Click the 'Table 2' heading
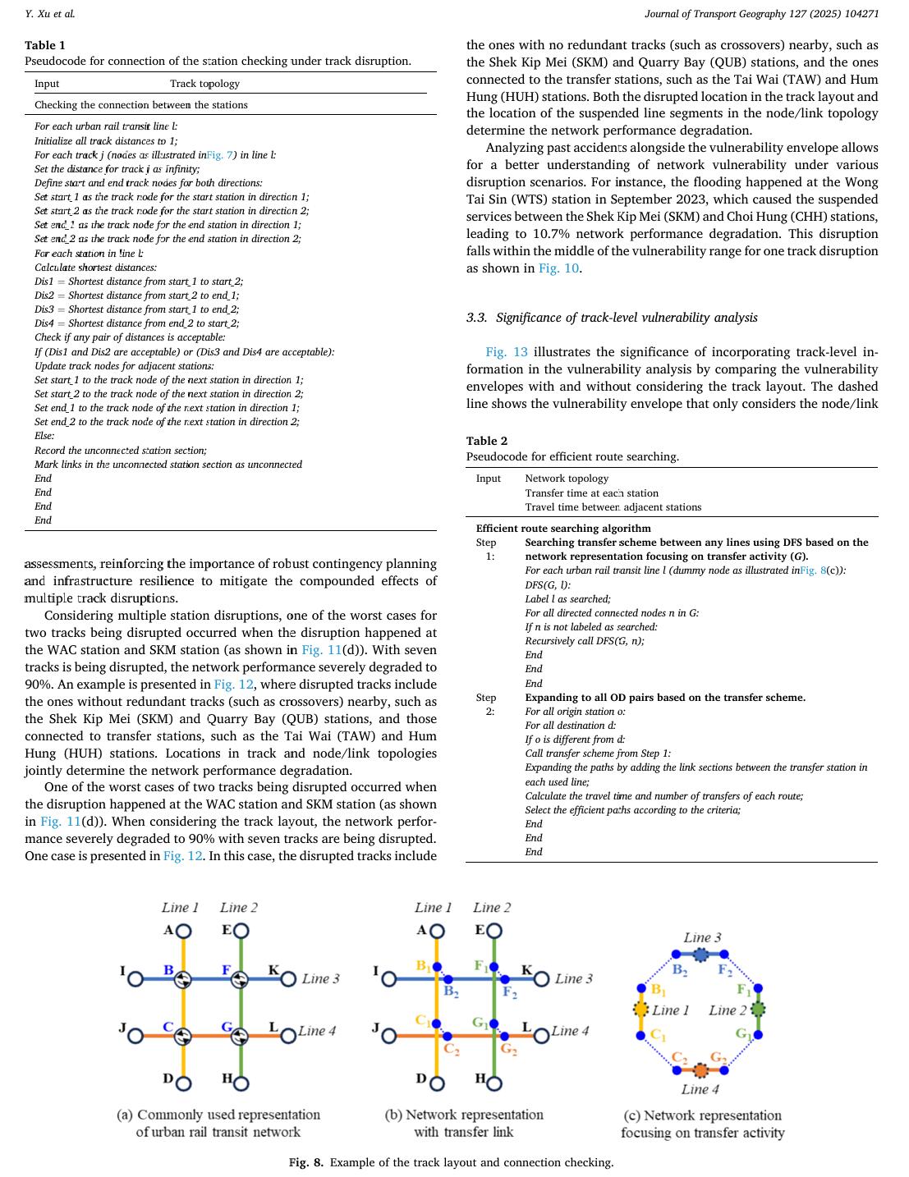click(x=487, y=441)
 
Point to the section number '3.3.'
click(x=478, y=318)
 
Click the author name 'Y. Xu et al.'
click(x=50, y=14)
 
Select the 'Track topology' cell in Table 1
click(x=204, y=83)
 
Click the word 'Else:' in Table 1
click(x=44, y=436)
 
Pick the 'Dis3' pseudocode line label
click(x=44, y=309)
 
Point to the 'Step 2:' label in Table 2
click(x=486, y=704)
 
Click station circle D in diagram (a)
click(x=184, y=1083)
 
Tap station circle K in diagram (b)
click(x=541, y=978)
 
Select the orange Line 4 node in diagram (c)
click(x=700, y=1070)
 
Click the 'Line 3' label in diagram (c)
click(x=702, y=937)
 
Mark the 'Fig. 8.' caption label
click(x=306, y=1162)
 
